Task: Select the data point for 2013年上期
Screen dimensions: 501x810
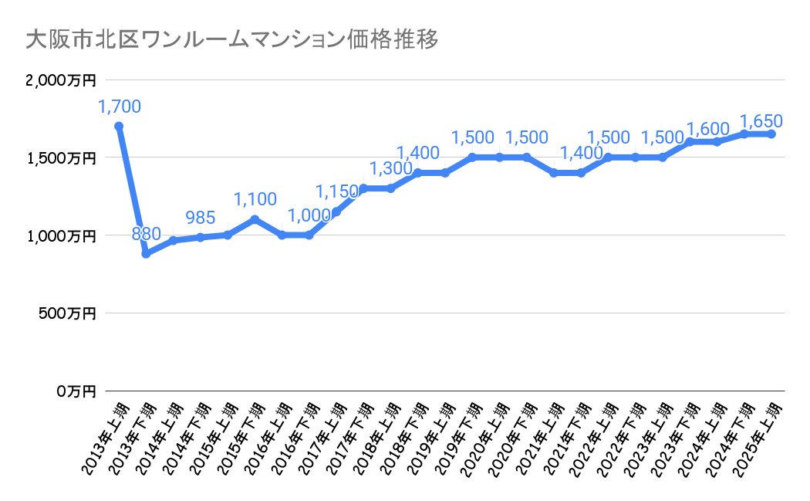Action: tap(119, 126)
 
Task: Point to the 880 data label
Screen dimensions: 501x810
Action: tap(146, 234)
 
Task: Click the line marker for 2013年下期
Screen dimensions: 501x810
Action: tap(146, 253)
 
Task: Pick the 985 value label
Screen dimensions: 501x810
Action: tap(200, 217)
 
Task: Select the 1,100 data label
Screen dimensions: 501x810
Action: tap(255, 199)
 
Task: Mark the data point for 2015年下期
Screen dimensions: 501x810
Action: tap(255, 219)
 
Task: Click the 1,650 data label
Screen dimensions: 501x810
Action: tap(761, 121)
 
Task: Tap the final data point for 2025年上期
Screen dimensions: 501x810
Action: tap(771, 134)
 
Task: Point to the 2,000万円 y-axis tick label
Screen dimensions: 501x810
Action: tap(60, 80)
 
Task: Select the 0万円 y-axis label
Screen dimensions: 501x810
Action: tap(75, 391)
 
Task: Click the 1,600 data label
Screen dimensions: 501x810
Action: tap(707, 129)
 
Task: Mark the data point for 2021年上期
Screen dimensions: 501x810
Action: tap(553, 173)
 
